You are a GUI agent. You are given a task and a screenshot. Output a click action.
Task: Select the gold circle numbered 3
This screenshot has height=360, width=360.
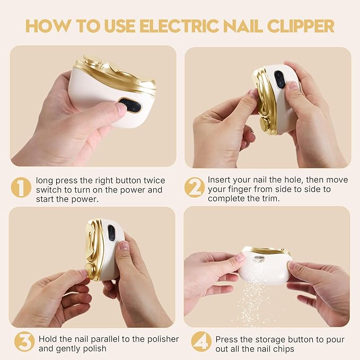click(x=24, y=342)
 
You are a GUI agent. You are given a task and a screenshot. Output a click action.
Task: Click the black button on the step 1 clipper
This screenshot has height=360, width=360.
click(x=130, y=106)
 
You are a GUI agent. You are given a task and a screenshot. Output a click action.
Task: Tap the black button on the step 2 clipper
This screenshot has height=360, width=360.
click(x=279, y=80)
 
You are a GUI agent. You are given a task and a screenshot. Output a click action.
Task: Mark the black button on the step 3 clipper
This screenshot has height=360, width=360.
click(x=111, y=232)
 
